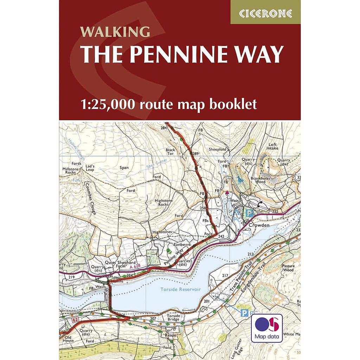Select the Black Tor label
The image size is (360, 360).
(x=170, y=152)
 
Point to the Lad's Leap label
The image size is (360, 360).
(x=90, y=167)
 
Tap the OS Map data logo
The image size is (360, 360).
(x=266, y=328)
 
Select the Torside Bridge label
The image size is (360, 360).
(x=173, y=317)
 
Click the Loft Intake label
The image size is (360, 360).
(x=273, y=146)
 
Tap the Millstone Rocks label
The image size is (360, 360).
(x=69, y=171)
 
